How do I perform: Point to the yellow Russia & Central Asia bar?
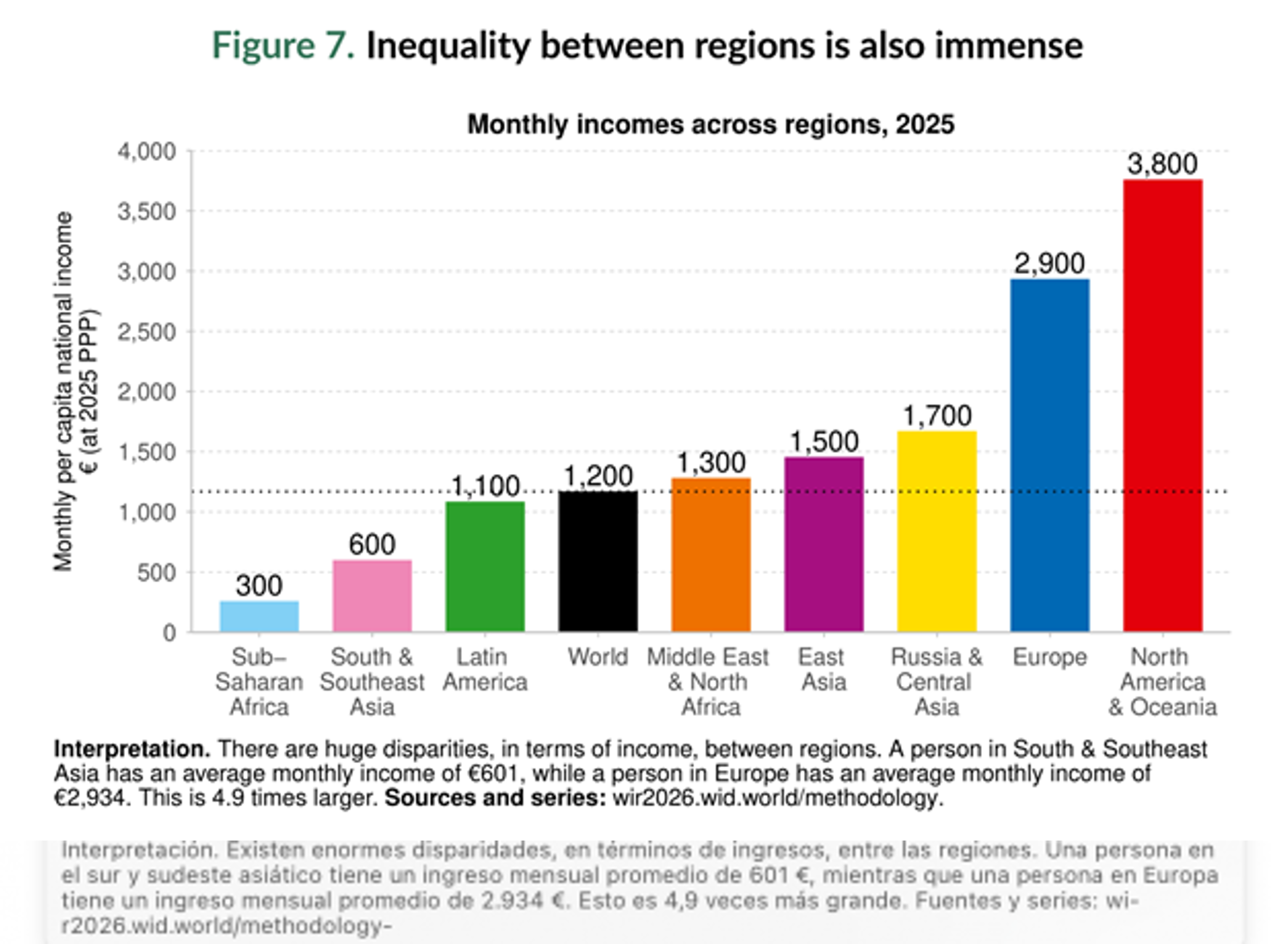(936, 532)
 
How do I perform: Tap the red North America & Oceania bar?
(1162, 406)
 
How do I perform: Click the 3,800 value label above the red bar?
(1162, 164)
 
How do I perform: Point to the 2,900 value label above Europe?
(1049, 264)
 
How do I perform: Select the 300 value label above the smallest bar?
(259, 586)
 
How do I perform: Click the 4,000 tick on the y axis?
(147, 152)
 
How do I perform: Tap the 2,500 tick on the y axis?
(147, 332)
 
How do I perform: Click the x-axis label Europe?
(1049, 657)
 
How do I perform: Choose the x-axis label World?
(598, 657)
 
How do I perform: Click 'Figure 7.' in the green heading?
(283, 46)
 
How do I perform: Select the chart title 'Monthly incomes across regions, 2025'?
(711, 124)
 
